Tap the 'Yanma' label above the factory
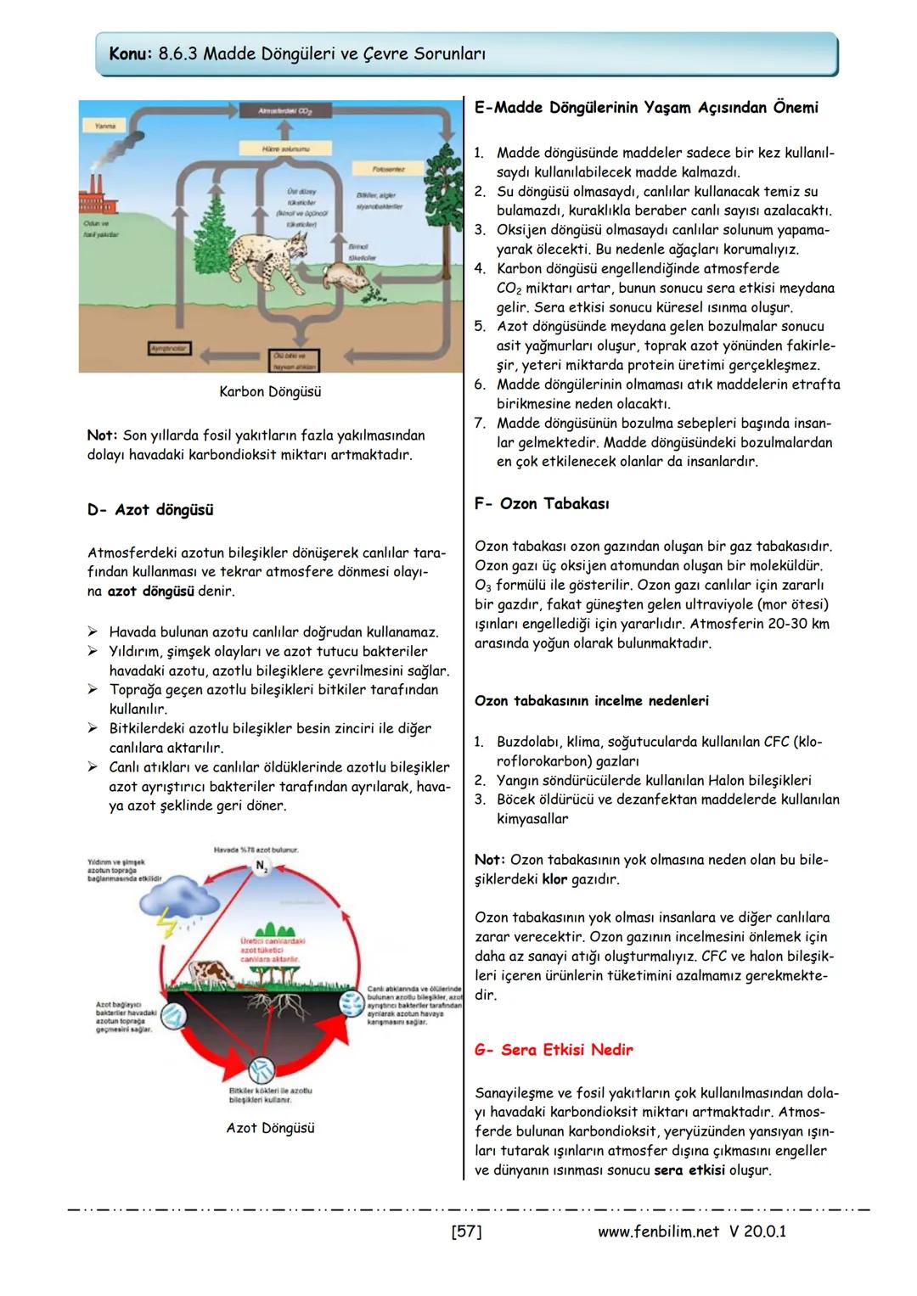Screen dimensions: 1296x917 click(105, 126)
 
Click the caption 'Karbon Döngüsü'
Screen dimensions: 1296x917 click(270, 392)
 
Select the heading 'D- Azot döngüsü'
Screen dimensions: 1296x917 click(150, 510)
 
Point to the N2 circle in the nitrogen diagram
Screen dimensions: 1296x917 click(261, 865)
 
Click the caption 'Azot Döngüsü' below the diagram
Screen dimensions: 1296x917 click(270, 1128)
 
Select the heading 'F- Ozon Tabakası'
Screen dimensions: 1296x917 click(542, 504)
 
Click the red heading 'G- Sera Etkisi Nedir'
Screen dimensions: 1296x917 click(554, 1050)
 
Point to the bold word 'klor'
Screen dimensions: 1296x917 click(554, 879)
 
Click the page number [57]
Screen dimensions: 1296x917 click(466, 1231)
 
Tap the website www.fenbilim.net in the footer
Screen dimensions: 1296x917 click(658, 1231)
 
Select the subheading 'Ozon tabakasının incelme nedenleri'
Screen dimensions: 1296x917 click(592, 701)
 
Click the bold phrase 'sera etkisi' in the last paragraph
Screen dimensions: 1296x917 click(689, 1170)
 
